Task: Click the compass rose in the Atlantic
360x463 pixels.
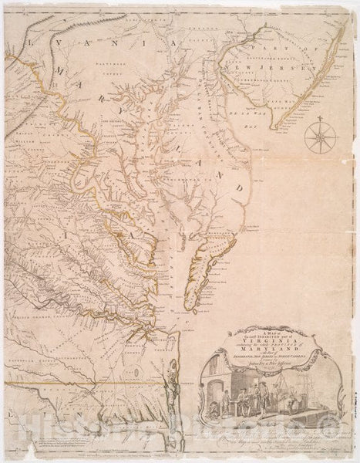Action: tap(315, 140)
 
